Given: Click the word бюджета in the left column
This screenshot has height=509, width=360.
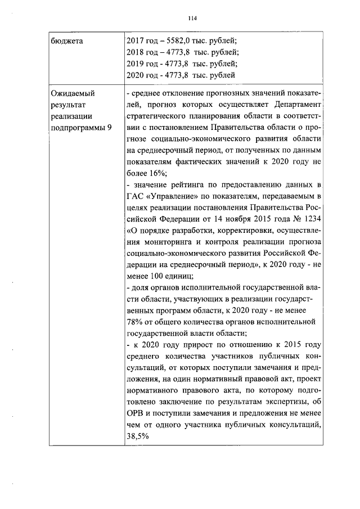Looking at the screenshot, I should [x=64, y=40].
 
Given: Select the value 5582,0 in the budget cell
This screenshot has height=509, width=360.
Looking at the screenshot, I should [x=175, y=40].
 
